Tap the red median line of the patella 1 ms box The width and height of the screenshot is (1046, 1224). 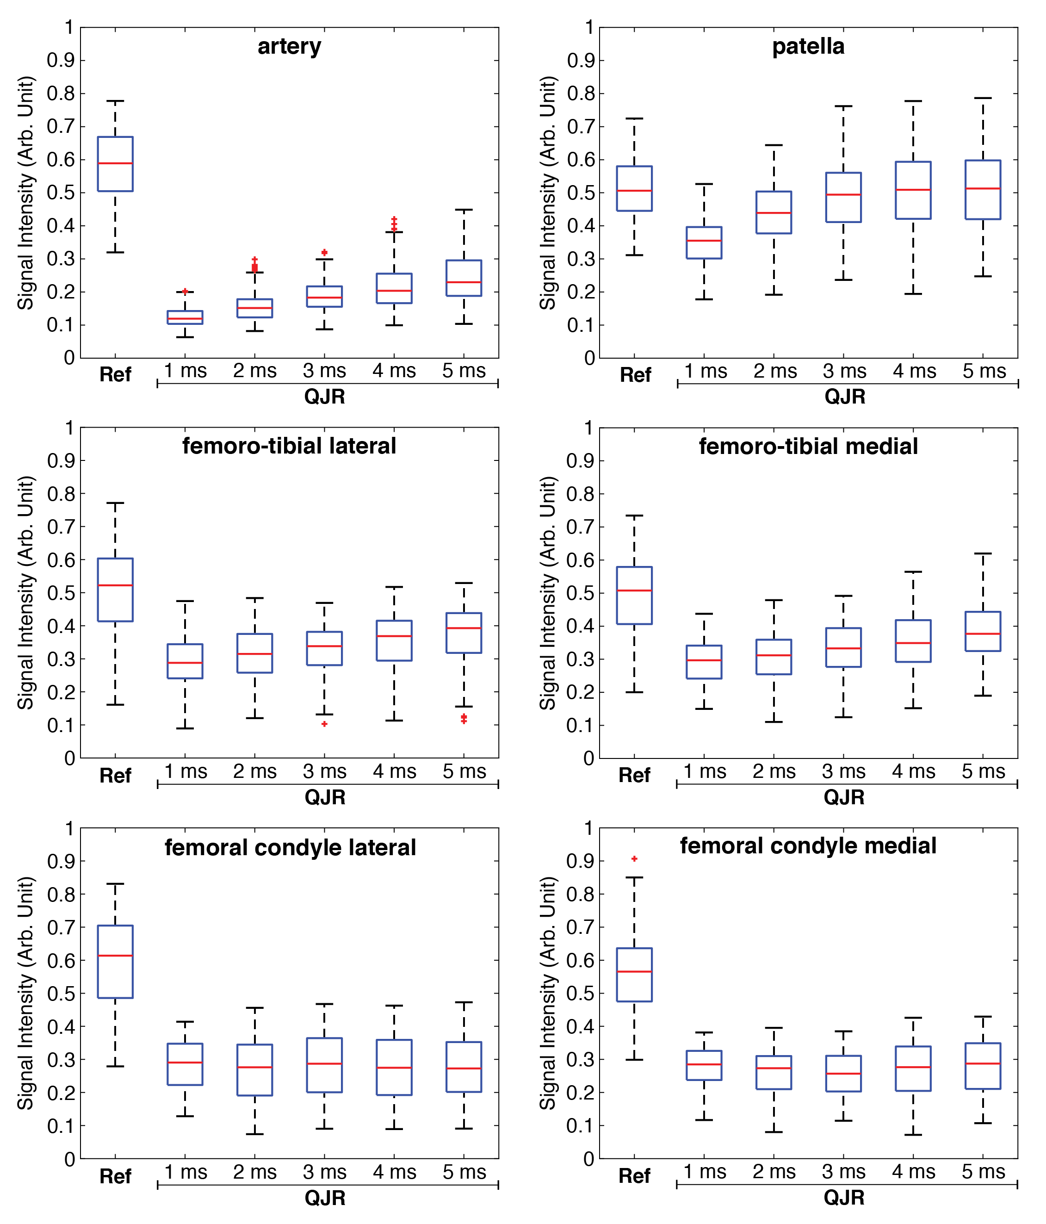point(704,241)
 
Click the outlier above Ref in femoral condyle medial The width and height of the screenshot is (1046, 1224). point(634,858)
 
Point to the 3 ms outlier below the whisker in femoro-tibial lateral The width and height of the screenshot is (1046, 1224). point(324,724)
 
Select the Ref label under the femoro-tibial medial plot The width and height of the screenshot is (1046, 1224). point(634,775)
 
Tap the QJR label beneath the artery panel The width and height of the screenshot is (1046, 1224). point(324,397)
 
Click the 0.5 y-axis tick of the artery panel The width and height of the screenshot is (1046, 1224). point(61,193)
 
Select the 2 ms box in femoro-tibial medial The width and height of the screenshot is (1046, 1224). point(774,657)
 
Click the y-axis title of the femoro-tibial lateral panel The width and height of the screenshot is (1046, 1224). point(25,592)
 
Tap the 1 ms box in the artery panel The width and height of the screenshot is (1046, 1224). point(185,317)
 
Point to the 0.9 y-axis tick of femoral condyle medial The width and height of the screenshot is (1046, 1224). point(580,861)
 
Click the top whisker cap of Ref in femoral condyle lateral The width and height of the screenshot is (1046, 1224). point(115,884)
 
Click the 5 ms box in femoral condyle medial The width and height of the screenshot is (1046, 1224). point(983,1066)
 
